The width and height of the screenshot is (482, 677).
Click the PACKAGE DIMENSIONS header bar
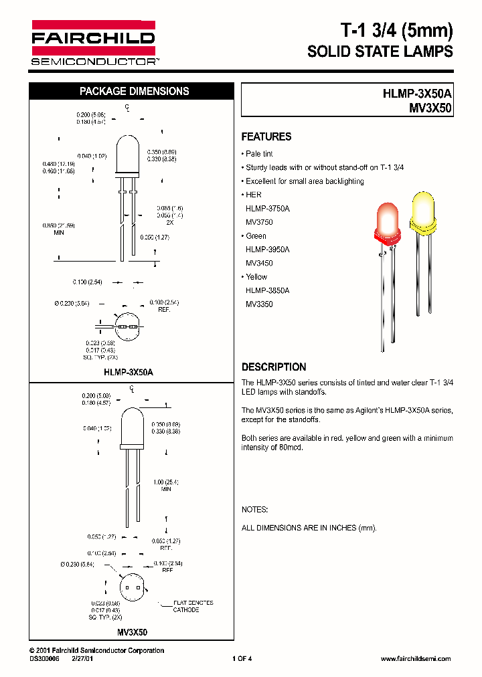tap(135, 92)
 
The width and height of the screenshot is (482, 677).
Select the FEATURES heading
tap(266, 136)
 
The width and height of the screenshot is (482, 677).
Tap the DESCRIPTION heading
tap(274, 367)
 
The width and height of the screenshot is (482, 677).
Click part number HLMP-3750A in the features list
tap(268, 209)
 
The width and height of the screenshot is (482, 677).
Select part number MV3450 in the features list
tap(259, 263)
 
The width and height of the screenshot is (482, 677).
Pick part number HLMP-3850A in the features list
tap(268, 290)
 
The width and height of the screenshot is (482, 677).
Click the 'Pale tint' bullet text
tap(260, 154)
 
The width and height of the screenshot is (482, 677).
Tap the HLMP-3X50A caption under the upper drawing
tap(129, 371)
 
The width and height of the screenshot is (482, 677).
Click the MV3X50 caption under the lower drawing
tap(132, 632)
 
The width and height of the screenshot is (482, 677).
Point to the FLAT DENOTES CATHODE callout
tap(193, 606)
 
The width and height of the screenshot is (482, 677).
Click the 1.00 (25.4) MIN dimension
tap(165, 485)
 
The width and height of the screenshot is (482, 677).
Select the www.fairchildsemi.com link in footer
tap(415, 659)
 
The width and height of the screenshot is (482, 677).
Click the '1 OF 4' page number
tap(242, 659)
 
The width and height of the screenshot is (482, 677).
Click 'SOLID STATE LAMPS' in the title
tap(380, 52)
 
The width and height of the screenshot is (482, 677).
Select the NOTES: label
tap(254, 509)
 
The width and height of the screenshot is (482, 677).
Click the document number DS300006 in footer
tap(45, 659)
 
